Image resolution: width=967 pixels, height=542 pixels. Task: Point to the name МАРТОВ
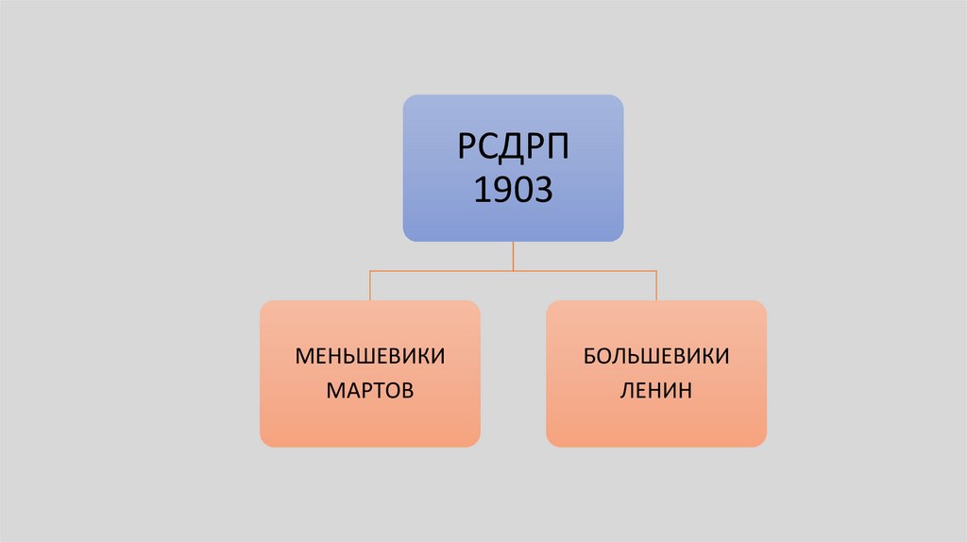point(370,389)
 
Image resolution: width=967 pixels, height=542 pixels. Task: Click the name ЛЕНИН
point(656,389)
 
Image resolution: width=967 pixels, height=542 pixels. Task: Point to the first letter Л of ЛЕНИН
point(627,389)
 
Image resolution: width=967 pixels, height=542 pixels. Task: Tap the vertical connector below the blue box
point(513,256)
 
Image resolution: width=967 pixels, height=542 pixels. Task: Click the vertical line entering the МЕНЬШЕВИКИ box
point(370,286)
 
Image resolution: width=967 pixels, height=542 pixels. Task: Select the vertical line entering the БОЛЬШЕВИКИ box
point(656,286)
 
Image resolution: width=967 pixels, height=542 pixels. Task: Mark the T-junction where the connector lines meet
point(513,271)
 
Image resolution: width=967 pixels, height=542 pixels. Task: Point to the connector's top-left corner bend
point(370,271)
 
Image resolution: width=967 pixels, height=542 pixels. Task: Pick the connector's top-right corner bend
point(656,271)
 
